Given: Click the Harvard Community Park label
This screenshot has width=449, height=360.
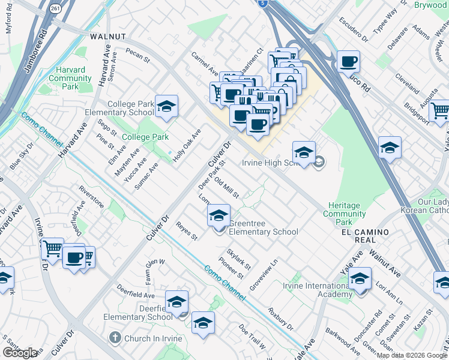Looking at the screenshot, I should pos(70,78).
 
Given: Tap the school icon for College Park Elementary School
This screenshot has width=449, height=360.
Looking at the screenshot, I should pos(166,107).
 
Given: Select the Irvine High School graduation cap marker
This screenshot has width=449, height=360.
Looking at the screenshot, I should pos(304,153).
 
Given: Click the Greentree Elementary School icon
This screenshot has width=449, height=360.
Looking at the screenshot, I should pos(218,215).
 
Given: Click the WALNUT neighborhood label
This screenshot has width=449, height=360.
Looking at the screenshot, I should pos(108,37).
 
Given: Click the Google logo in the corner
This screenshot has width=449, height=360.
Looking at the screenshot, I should pos(20,353).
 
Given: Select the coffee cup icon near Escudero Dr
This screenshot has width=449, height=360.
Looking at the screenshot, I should pos(348,61).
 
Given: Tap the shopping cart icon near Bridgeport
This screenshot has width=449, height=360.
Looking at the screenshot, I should pos(440,110).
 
